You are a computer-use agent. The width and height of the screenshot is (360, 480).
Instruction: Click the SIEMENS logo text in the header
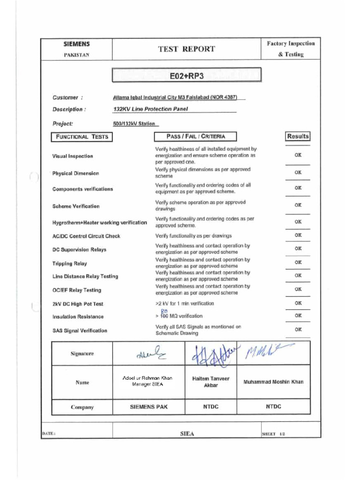click(x=76, y=44)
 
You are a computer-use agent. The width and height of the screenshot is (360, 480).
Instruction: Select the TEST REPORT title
click(x=187, y=49)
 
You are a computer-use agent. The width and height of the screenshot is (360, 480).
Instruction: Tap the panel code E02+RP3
click(x=187, y=75)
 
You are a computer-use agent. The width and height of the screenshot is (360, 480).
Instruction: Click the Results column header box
click(x=298, y=136)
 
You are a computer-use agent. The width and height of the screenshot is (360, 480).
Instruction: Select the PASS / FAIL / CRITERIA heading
click(x=195, y=136)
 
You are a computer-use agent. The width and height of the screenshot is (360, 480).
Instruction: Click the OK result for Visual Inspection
click(x=298, y=155)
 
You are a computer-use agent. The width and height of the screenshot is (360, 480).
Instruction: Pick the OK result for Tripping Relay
click(x=298, y=262)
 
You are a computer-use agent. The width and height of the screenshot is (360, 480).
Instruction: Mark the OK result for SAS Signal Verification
click(x=298, y=330)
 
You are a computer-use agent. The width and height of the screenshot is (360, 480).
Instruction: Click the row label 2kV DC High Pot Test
click(x=78, y=304)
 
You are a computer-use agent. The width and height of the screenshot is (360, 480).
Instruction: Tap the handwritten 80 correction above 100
click(x=164, y=310)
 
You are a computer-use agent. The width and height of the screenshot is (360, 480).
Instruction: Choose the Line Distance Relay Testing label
click(x=85, y=277)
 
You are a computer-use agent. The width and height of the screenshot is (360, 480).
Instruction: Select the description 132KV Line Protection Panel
click(x=150, y=109)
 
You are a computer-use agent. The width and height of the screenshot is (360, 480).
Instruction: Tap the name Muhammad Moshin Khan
click(x=273, y=382)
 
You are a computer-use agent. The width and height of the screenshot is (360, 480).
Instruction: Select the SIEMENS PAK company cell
click(x=149, y=407)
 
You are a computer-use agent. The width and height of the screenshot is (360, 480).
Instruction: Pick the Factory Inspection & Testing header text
click(x=291, y=49)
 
